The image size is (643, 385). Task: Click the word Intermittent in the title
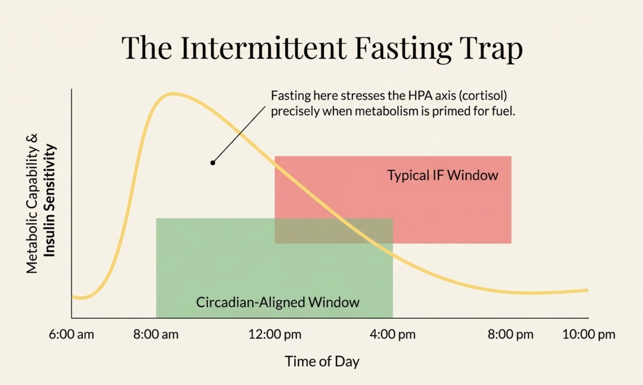click(264, 48)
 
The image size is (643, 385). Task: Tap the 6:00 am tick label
click(71, 334)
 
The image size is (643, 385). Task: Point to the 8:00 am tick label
click(156, 334)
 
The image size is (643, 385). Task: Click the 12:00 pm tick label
click(275, 335)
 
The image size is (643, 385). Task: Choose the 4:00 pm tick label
click(393, 335)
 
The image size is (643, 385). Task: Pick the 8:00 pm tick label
click(510, 335)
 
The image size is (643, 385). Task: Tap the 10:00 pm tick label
click(589, 335)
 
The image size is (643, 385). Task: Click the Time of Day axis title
click(322, 362)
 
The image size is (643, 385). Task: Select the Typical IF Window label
click(443, 175)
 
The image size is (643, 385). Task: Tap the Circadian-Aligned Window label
click(277, 302)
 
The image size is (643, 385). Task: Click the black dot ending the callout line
click(213, 163)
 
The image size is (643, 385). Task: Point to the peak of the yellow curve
click(173, 94)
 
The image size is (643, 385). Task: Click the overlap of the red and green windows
click(334, 231)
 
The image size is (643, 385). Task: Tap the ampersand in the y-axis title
click(32, 138)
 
